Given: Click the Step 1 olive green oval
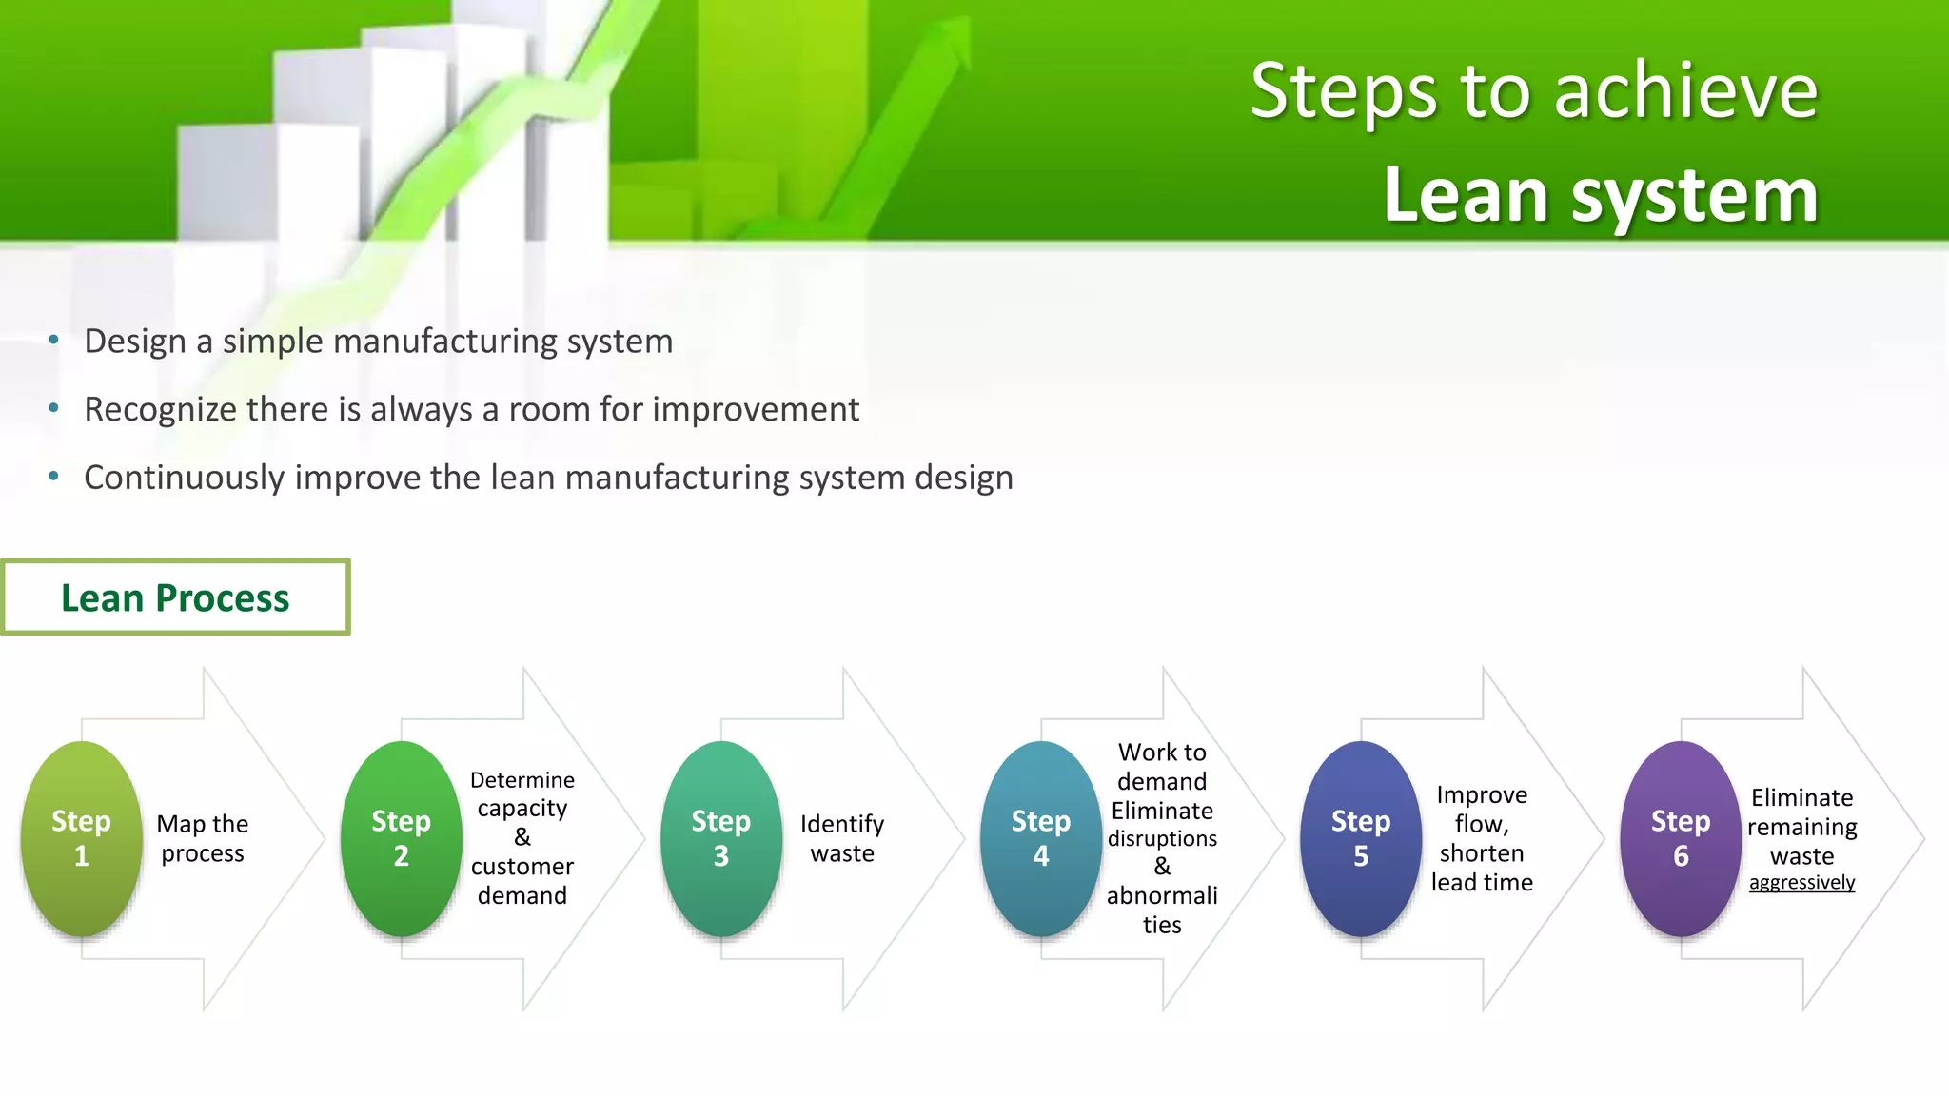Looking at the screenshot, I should tap(81, 838).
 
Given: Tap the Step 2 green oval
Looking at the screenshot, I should tap(401, 838).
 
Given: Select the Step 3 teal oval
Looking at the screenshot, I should tap(720, 838).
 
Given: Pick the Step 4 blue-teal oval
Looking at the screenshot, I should tap(1040, 838).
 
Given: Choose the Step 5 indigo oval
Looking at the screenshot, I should tap(1360, 838).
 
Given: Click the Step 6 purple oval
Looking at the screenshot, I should tap(1680, 838).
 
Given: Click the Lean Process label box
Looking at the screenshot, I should tap(175, 597).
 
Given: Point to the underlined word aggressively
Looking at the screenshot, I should tap(1801, 883).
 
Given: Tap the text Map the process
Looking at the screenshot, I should tap(203, 838).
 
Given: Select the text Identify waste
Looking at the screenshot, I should tap(842, 838).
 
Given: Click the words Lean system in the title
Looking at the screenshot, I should tap(1601, 196).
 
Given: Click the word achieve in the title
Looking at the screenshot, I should tap(1685, 91).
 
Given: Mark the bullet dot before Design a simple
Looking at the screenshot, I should tap(54, 340).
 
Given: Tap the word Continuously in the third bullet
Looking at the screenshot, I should tap(184, 478).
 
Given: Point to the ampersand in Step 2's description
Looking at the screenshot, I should tap(522, 837).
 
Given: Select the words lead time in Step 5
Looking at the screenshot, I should tap(1482, 883).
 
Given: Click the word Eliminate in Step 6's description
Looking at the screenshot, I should tap(1801, 797).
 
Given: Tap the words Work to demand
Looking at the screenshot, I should tap(1162, 767).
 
